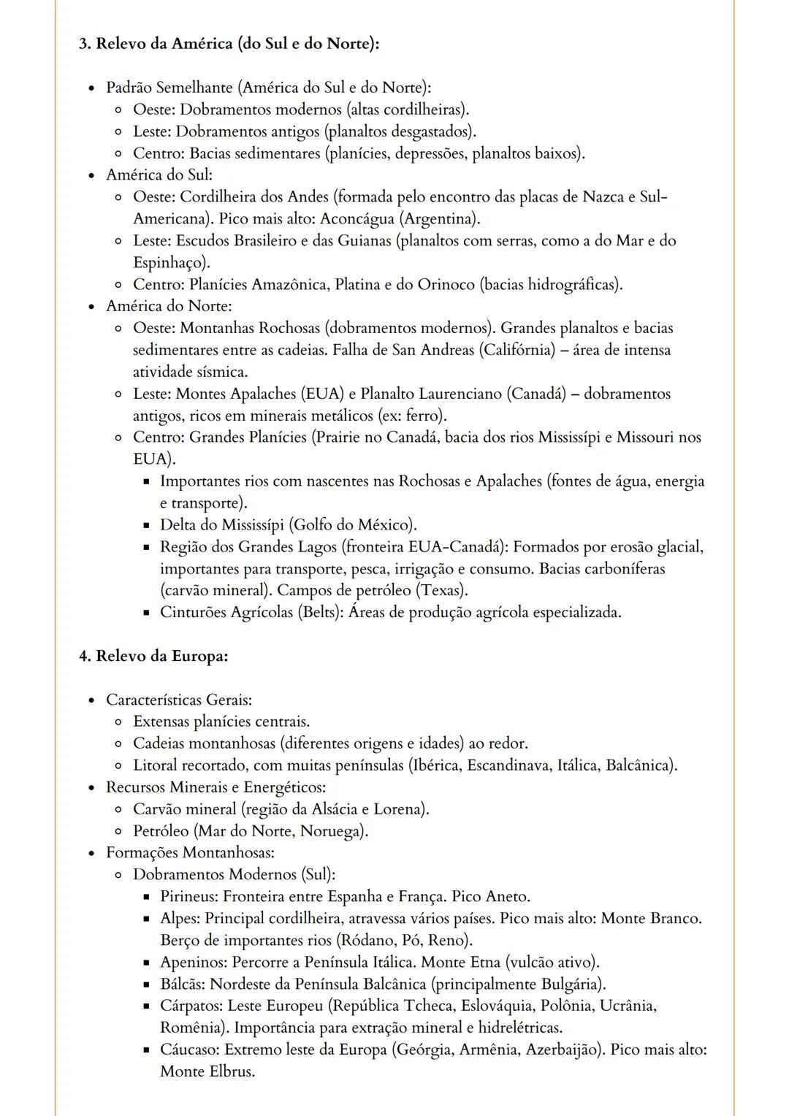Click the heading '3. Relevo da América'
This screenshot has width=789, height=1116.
pyautogui.click(x=229, y=44)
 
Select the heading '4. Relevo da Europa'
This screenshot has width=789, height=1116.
pyautogui.click(x=153, y=656)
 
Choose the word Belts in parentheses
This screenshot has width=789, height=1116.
pyautogui.click(x=319, y=612)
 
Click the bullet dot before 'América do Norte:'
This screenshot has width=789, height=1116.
pyautogui.click(x=91, y=307)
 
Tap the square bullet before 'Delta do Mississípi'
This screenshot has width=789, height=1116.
pyautogui.click(x=146, y=525)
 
